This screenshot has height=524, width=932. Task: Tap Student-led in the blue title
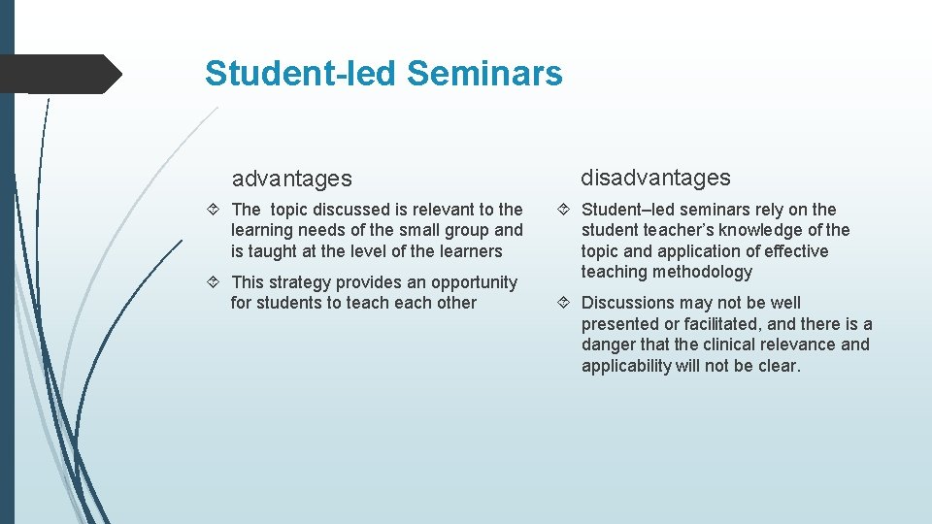[x=302, y=73]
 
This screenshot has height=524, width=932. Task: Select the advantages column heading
[x=291, y=179]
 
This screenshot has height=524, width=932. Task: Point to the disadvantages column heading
[x=655, y=178]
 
